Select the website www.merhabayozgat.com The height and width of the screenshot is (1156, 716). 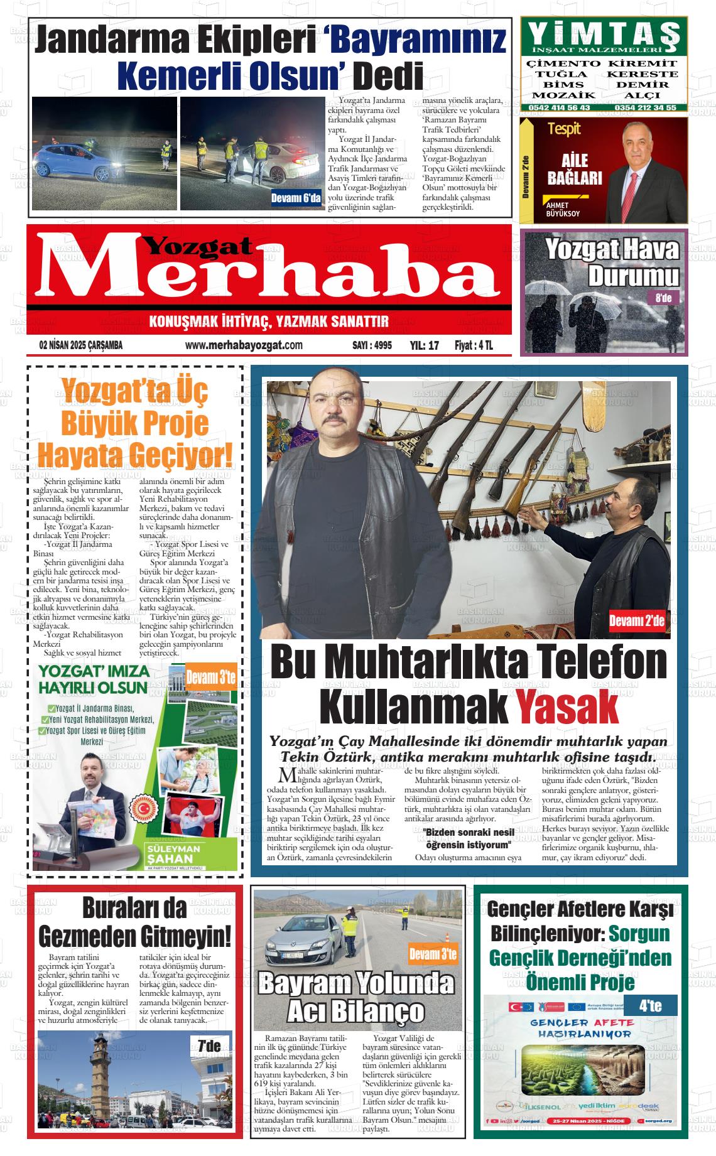(x=244, y=345)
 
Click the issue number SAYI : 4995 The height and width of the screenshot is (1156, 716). (x=372, y=345)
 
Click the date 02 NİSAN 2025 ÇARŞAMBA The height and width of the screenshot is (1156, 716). (x=80, y=345)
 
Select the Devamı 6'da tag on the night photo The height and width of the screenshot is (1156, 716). (x=296, y=199)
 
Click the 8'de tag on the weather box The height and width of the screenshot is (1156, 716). (x=663, y=298)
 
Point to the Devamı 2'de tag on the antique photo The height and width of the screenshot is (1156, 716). (x=637, y=622)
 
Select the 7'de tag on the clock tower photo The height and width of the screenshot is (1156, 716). (x=209, y=1046)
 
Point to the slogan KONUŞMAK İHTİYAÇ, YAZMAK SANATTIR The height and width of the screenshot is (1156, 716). (x=269, y=323)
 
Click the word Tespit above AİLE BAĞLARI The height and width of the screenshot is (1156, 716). (x=564, y=129)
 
